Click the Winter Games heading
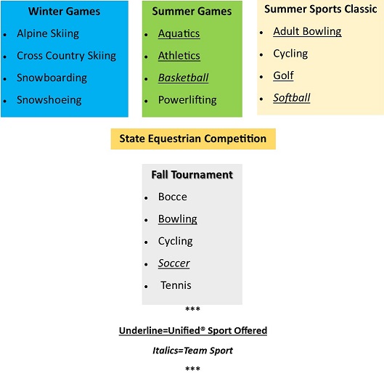64,12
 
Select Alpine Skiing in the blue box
48,33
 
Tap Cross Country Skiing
66,56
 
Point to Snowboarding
52,78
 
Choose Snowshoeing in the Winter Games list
49,100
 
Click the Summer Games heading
192,12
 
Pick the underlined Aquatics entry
179,34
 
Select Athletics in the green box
179,56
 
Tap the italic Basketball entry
183,78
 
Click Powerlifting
187,100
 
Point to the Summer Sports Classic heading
321,9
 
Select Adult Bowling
307,32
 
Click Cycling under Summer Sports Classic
290,54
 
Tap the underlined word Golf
283,75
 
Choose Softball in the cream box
292,98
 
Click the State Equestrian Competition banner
193,139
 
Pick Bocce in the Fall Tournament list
173,197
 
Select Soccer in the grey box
174,263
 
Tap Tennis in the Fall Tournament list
176,285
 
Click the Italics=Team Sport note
193,351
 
